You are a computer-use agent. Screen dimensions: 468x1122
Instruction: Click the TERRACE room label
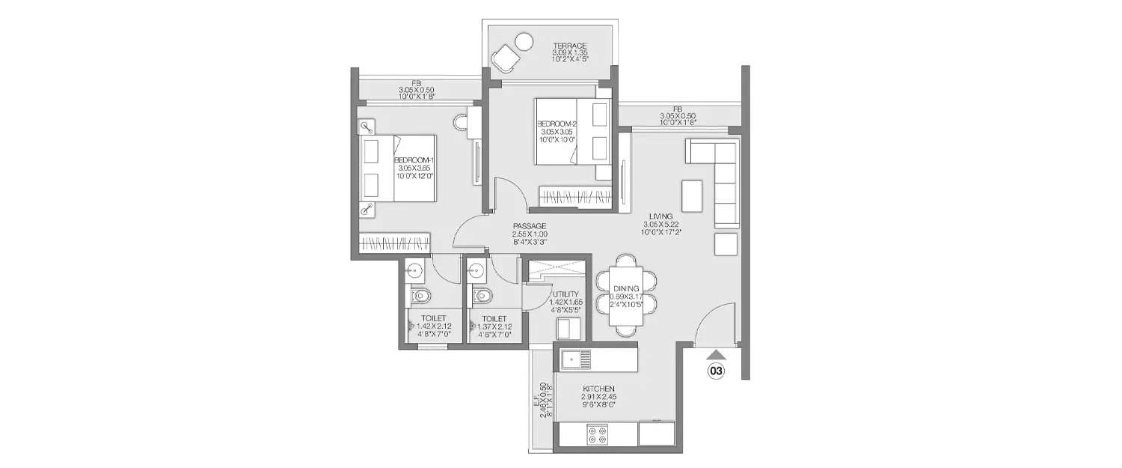[570, 45]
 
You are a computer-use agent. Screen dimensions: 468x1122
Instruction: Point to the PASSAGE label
[529, 226]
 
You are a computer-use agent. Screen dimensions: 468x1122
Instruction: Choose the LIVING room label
[661, 216]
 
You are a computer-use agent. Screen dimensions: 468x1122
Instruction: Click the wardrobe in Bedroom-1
[395, 243]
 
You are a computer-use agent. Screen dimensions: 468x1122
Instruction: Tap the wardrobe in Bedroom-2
[580, 197]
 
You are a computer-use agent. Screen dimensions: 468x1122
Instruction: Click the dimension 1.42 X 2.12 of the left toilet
[429, 326]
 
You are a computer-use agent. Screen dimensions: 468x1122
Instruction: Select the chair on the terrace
[505, 58]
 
